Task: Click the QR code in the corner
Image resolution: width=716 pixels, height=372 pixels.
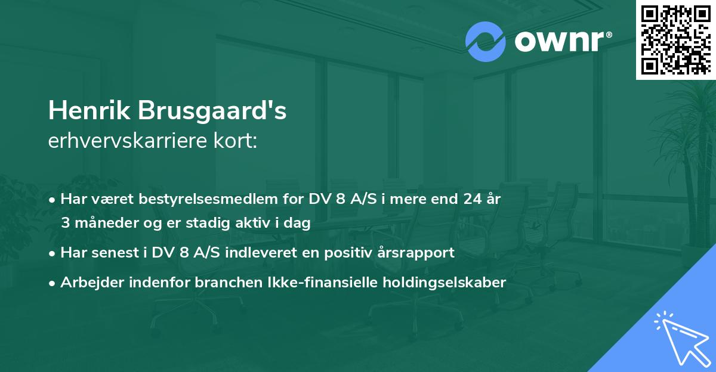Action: pos(675,40)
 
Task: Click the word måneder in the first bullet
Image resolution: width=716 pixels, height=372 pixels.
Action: pos(107,224)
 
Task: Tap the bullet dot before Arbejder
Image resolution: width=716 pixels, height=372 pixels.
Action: pos(53,283)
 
